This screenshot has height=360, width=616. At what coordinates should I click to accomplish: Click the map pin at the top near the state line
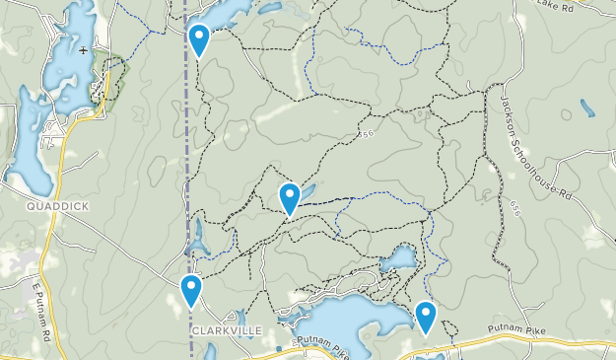pos(199,39)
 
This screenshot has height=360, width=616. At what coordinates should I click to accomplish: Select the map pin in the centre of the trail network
pos(289,197)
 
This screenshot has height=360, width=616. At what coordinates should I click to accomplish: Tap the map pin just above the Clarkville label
pos(191,290)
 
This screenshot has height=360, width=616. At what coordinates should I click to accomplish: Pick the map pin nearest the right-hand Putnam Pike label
pos(426,317)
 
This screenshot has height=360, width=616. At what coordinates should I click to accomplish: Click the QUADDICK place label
pos(58,207)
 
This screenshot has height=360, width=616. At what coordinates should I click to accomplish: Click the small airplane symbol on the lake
pos(84,49)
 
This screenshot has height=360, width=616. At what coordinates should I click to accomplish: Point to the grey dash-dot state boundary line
pos(186,148)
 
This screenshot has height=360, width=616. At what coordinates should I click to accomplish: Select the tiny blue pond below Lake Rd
pos(586,108)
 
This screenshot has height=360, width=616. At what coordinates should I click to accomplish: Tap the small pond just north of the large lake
pos(399,259)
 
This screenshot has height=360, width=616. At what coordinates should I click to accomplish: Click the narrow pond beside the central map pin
pos(306,190)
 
